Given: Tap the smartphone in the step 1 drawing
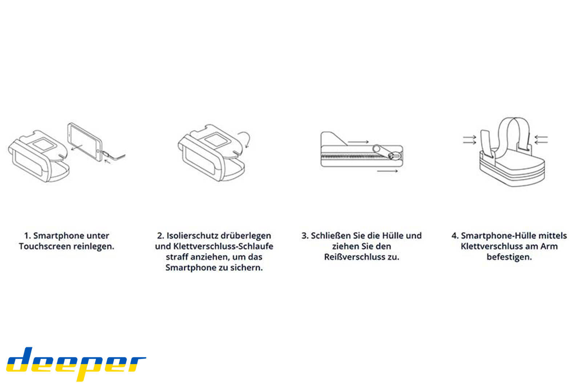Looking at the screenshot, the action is pos(85,141).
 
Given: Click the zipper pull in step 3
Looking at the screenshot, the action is pos(394,156).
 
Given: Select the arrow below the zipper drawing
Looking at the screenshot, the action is pos(387,171).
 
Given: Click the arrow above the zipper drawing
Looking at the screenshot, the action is pos(358,142).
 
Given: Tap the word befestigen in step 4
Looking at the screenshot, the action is pos(509,257).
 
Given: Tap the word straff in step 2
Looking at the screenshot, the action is pos(176,257).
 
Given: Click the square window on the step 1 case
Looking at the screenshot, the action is pos(43,144).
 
